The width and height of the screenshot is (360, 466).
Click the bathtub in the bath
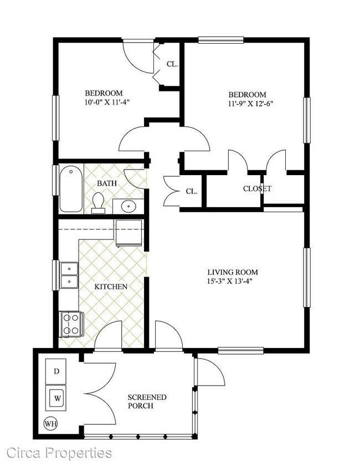click(71, 189)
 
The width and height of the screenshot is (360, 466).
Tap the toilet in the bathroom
click(98, 203)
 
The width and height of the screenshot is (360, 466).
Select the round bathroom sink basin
click(128, 206)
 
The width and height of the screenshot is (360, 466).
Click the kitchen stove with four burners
click(71, 324)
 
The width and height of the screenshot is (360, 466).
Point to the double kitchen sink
click(69, 275)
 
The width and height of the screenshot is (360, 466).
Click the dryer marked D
click(56, 371)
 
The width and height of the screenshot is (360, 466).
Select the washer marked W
click(56, 398)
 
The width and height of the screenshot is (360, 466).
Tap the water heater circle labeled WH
click(50, 423)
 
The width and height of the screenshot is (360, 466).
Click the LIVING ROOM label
click(233, 272)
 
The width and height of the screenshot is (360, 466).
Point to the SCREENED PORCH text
click(147, 402)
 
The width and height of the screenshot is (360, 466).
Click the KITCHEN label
click(111, 286)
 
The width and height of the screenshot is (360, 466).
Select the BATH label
click(107, 183)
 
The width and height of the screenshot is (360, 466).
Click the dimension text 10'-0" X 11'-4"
click(107, 103)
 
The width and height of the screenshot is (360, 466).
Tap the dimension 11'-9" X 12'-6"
click(250, 104)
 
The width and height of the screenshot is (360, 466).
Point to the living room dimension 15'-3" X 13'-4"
click(230, 281)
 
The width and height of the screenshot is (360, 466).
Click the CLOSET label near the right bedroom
click(257, 188)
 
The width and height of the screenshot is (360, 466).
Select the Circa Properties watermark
click(59, 453)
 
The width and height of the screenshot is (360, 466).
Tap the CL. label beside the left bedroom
click(172, 64)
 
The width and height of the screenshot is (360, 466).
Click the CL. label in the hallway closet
click(192, 191)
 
